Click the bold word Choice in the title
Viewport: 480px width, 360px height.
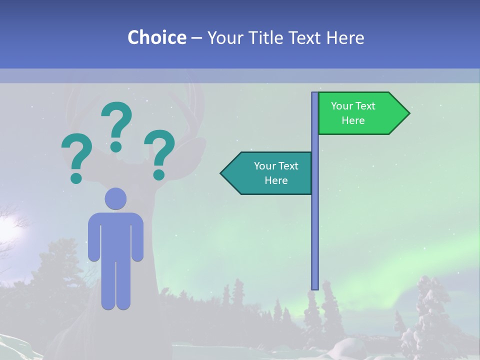156,37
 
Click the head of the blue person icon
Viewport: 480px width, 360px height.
115,198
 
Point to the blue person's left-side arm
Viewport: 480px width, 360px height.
93,237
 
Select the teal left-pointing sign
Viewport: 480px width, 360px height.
270,173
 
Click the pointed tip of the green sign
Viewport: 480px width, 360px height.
407,113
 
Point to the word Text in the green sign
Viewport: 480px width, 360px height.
366,106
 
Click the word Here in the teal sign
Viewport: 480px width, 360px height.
276,180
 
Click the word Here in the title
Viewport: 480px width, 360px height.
345,37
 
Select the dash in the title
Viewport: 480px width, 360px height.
196,38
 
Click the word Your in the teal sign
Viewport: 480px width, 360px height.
263,166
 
